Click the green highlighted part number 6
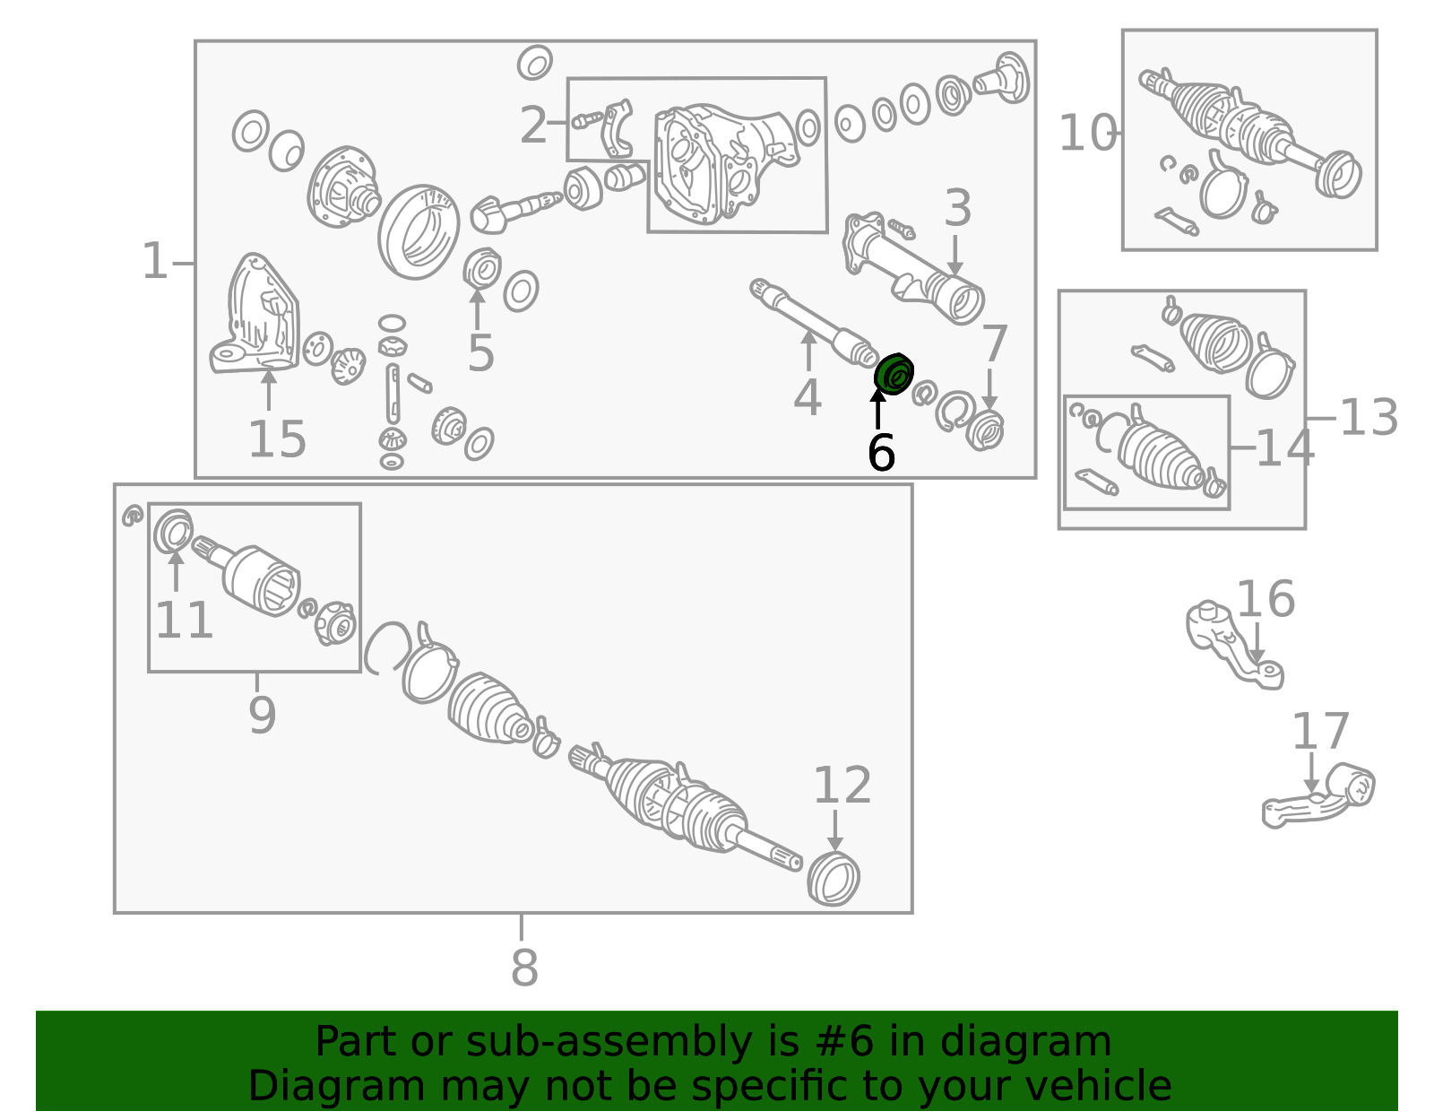pos(894,375)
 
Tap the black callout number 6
pos(882,453)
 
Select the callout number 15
pos(277,439)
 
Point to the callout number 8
pos(524,968)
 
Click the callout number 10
pos(1087,133)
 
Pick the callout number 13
pos(1369,418)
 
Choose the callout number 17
pos(1320,731)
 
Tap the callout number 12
pos(842,786)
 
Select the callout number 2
pos(533,126)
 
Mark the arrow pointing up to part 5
pos(477,308)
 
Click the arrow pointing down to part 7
pos(989,390)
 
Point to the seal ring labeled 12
pos(834,879)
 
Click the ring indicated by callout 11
pos(173,530)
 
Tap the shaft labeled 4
pos(815,324)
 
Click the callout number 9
pos(262,715)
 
